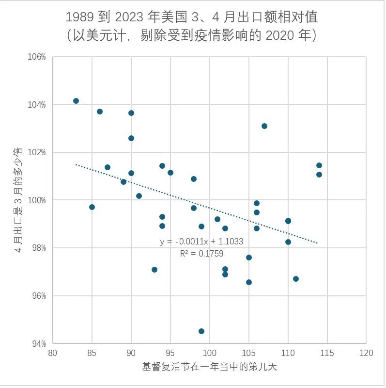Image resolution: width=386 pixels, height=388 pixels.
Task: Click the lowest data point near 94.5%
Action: pyautogui.click(x=201, y=331)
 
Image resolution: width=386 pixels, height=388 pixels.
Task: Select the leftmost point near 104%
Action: pyautogui.click(x=76, y=101)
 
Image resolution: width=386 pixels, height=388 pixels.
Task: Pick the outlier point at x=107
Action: pyautogui.click(x=264, y=126)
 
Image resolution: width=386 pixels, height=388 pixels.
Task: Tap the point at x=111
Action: pyautogui.click(x=296, y=279)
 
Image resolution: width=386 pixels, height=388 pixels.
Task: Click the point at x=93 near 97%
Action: pyautogui.click(x=154, y=270)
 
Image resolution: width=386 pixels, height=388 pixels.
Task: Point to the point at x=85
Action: pyautogui.click(x=92, y=207)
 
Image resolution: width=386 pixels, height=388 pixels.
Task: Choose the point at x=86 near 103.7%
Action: pyautogui.click(x=100, y=112)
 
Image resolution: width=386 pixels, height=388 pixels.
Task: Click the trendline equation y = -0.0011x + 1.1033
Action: pyautogui.click(x=201, y=242)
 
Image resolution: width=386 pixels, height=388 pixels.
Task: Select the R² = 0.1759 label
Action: pyautogui.click(x=201, y=254)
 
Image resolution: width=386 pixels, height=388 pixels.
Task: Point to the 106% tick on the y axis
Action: pyautogui.click(x=37, y=57)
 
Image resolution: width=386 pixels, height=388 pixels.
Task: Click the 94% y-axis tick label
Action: pyautogui.click(x=39, y=344)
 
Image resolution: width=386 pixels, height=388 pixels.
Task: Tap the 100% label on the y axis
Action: pyautogui.click(x=37, y=200)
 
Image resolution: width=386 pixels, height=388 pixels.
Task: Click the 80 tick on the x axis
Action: pyautogui.click(x=53, y=353)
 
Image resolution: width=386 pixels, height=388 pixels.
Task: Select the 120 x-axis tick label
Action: pyautogui.click(x=366, y=353)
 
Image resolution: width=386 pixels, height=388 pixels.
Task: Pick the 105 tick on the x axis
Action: pyautogui.click(x=248, y=353)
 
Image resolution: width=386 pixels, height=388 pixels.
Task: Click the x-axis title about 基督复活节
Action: pyautogui.click(x=210, y=367)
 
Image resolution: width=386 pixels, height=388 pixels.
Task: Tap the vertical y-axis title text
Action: pyautogui.click(x=18, y=200)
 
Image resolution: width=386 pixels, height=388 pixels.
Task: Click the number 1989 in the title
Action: pyautogui.click(x=80, y=17)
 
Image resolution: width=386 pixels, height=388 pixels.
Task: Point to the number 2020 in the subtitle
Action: pyautogui.click(x=280, y=35)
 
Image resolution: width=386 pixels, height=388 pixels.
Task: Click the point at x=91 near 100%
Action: pyautogui.click(x=139, y=196)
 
